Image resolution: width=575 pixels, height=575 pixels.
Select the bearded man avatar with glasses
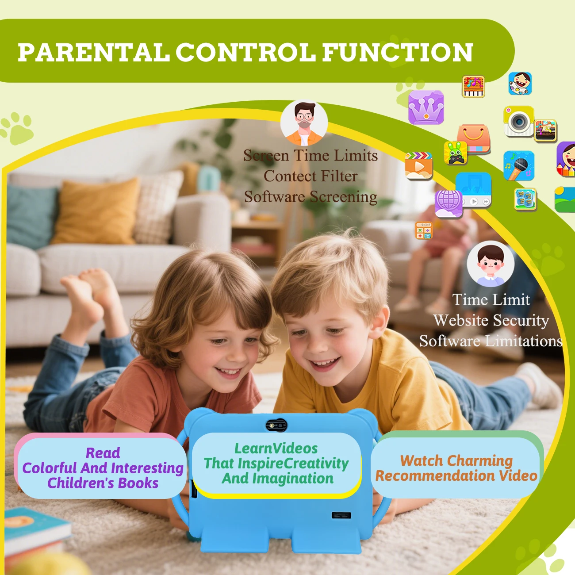(x=304, y=123)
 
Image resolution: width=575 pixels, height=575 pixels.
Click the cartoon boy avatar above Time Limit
(x=491, y=264)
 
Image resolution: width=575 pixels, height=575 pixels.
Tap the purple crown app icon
(x=426, y=107)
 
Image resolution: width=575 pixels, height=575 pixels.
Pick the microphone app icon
(x=519, y=166)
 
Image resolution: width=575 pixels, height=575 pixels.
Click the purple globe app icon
(x=448, y=204)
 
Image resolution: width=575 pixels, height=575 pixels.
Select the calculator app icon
(x=424, y=230)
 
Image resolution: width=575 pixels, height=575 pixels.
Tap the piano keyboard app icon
(x=473, y=87)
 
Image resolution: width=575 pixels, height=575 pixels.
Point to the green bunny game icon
(x=455, y=153)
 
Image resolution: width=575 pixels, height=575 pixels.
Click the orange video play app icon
(x=418, y=166)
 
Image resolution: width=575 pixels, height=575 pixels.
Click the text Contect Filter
(x=310, y=176)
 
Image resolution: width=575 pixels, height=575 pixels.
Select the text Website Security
(x=491, y=321)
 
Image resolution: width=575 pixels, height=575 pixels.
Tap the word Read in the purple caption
(x=103, y=453)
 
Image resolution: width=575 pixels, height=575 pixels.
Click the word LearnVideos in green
(x=276, y=448)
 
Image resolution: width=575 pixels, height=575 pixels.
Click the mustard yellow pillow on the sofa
(x=96, y=211)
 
